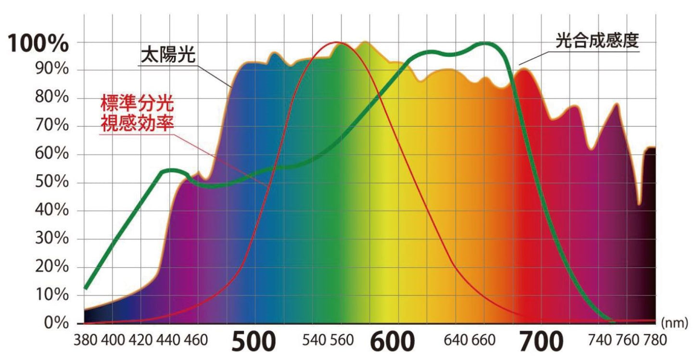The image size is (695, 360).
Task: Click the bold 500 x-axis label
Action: click(254, 341)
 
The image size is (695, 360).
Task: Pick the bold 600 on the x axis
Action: click(392, 341)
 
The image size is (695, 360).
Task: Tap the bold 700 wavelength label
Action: click(541, 341)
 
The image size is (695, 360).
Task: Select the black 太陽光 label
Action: click(167, 55)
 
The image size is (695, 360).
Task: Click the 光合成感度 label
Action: click(596, 40)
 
